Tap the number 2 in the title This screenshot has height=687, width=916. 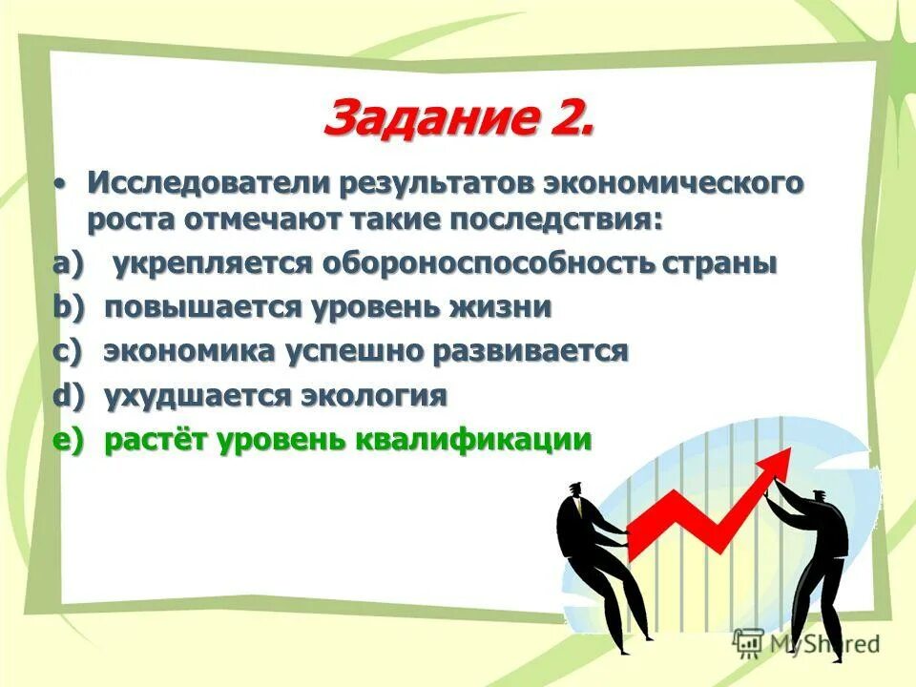(571, 120)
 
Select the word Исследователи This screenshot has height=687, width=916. (195, 181)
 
